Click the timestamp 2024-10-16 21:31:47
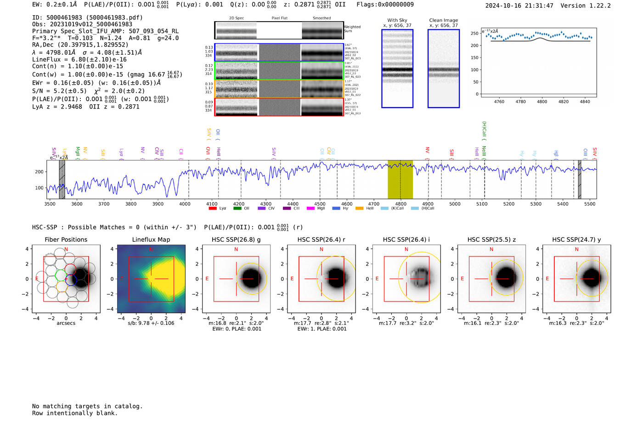coord(519,6)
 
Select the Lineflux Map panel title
coord(151,239)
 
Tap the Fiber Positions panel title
coord(66,239)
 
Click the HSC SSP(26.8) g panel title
coord(236,239)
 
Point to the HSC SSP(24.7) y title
coord(576,239)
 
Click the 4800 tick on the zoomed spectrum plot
coord(542,102)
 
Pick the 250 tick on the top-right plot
coord(474,34)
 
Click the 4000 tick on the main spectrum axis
coord(185,204)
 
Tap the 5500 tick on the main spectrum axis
coord(590,204)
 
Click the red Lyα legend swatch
coord(213,208)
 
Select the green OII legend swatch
coord(237,208)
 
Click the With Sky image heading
coord(397,20)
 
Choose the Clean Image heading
coord(444,20)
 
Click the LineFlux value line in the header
coord(79,59)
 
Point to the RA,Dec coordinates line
coord(80,45)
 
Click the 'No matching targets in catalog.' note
coord(87,406)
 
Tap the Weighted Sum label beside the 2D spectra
coord(352,28)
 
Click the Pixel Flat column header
coord(279,18)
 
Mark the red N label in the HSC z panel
coord(491,249)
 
